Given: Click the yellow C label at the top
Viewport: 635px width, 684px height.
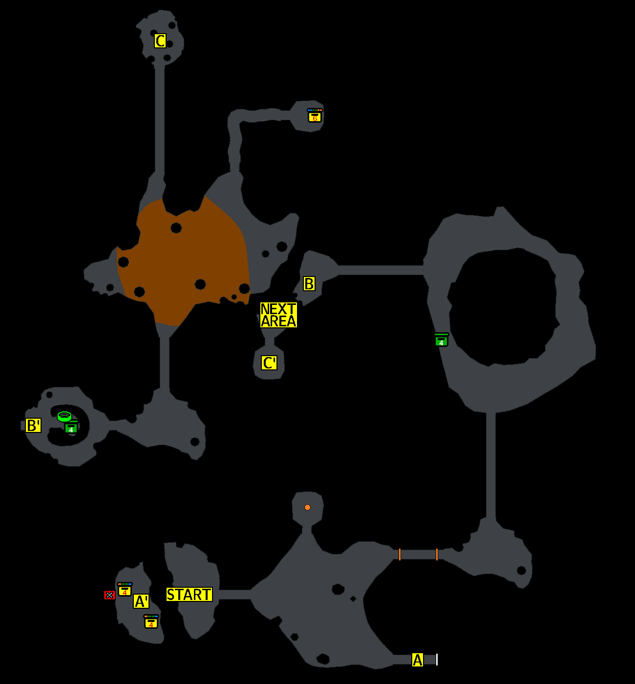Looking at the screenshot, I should coord(160,41).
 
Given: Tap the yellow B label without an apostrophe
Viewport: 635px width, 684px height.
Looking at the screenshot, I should coord(309,284).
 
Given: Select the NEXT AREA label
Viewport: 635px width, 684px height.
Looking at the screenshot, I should coord(278,315).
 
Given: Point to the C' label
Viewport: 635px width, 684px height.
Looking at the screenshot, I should coord(269,363).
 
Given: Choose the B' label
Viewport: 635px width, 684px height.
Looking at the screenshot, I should coord(33,426).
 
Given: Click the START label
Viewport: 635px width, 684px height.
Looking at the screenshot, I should coord(189,595).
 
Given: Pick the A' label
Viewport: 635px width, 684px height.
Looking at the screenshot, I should coord(141,601).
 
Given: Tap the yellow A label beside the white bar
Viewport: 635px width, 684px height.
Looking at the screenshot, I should coord(417,660).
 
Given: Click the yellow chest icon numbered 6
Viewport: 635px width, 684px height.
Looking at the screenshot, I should coord(315,116).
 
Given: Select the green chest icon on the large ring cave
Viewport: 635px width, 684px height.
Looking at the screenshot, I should coord(441,340).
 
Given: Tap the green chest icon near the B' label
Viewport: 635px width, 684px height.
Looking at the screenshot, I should coord(71,428).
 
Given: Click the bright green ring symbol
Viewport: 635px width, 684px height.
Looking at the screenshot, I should coord(64,417).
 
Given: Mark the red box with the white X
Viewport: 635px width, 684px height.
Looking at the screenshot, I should coord(109,595).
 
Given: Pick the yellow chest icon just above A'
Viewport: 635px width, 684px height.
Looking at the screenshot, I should coord(125,590).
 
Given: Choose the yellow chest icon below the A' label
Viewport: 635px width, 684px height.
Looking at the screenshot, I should coord(151,622).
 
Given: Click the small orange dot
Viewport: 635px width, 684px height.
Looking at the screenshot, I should coord(307,508).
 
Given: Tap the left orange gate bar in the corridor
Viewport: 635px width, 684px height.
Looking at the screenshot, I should coord(400,555).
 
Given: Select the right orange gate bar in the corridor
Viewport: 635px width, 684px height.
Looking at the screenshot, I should coord(437,555).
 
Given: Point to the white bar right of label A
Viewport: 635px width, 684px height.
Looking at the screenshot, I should coord(437,660).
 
